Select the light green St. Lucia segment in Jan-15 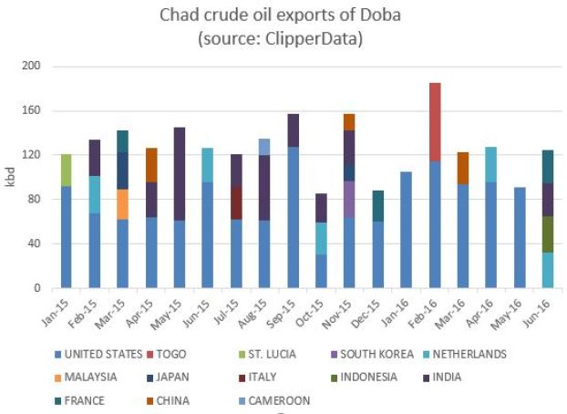(65, 171)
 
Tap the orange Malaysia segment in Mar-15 (121, 204)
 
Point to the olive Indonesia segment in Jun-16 (548, 234)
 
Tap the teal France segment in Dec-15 (378, 206)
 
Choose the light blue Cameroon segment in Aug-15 (264, 147)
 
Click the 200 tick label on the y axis (31, 67)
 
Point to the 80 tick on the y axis (34, 200)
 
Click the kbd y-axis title (11, 178)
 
